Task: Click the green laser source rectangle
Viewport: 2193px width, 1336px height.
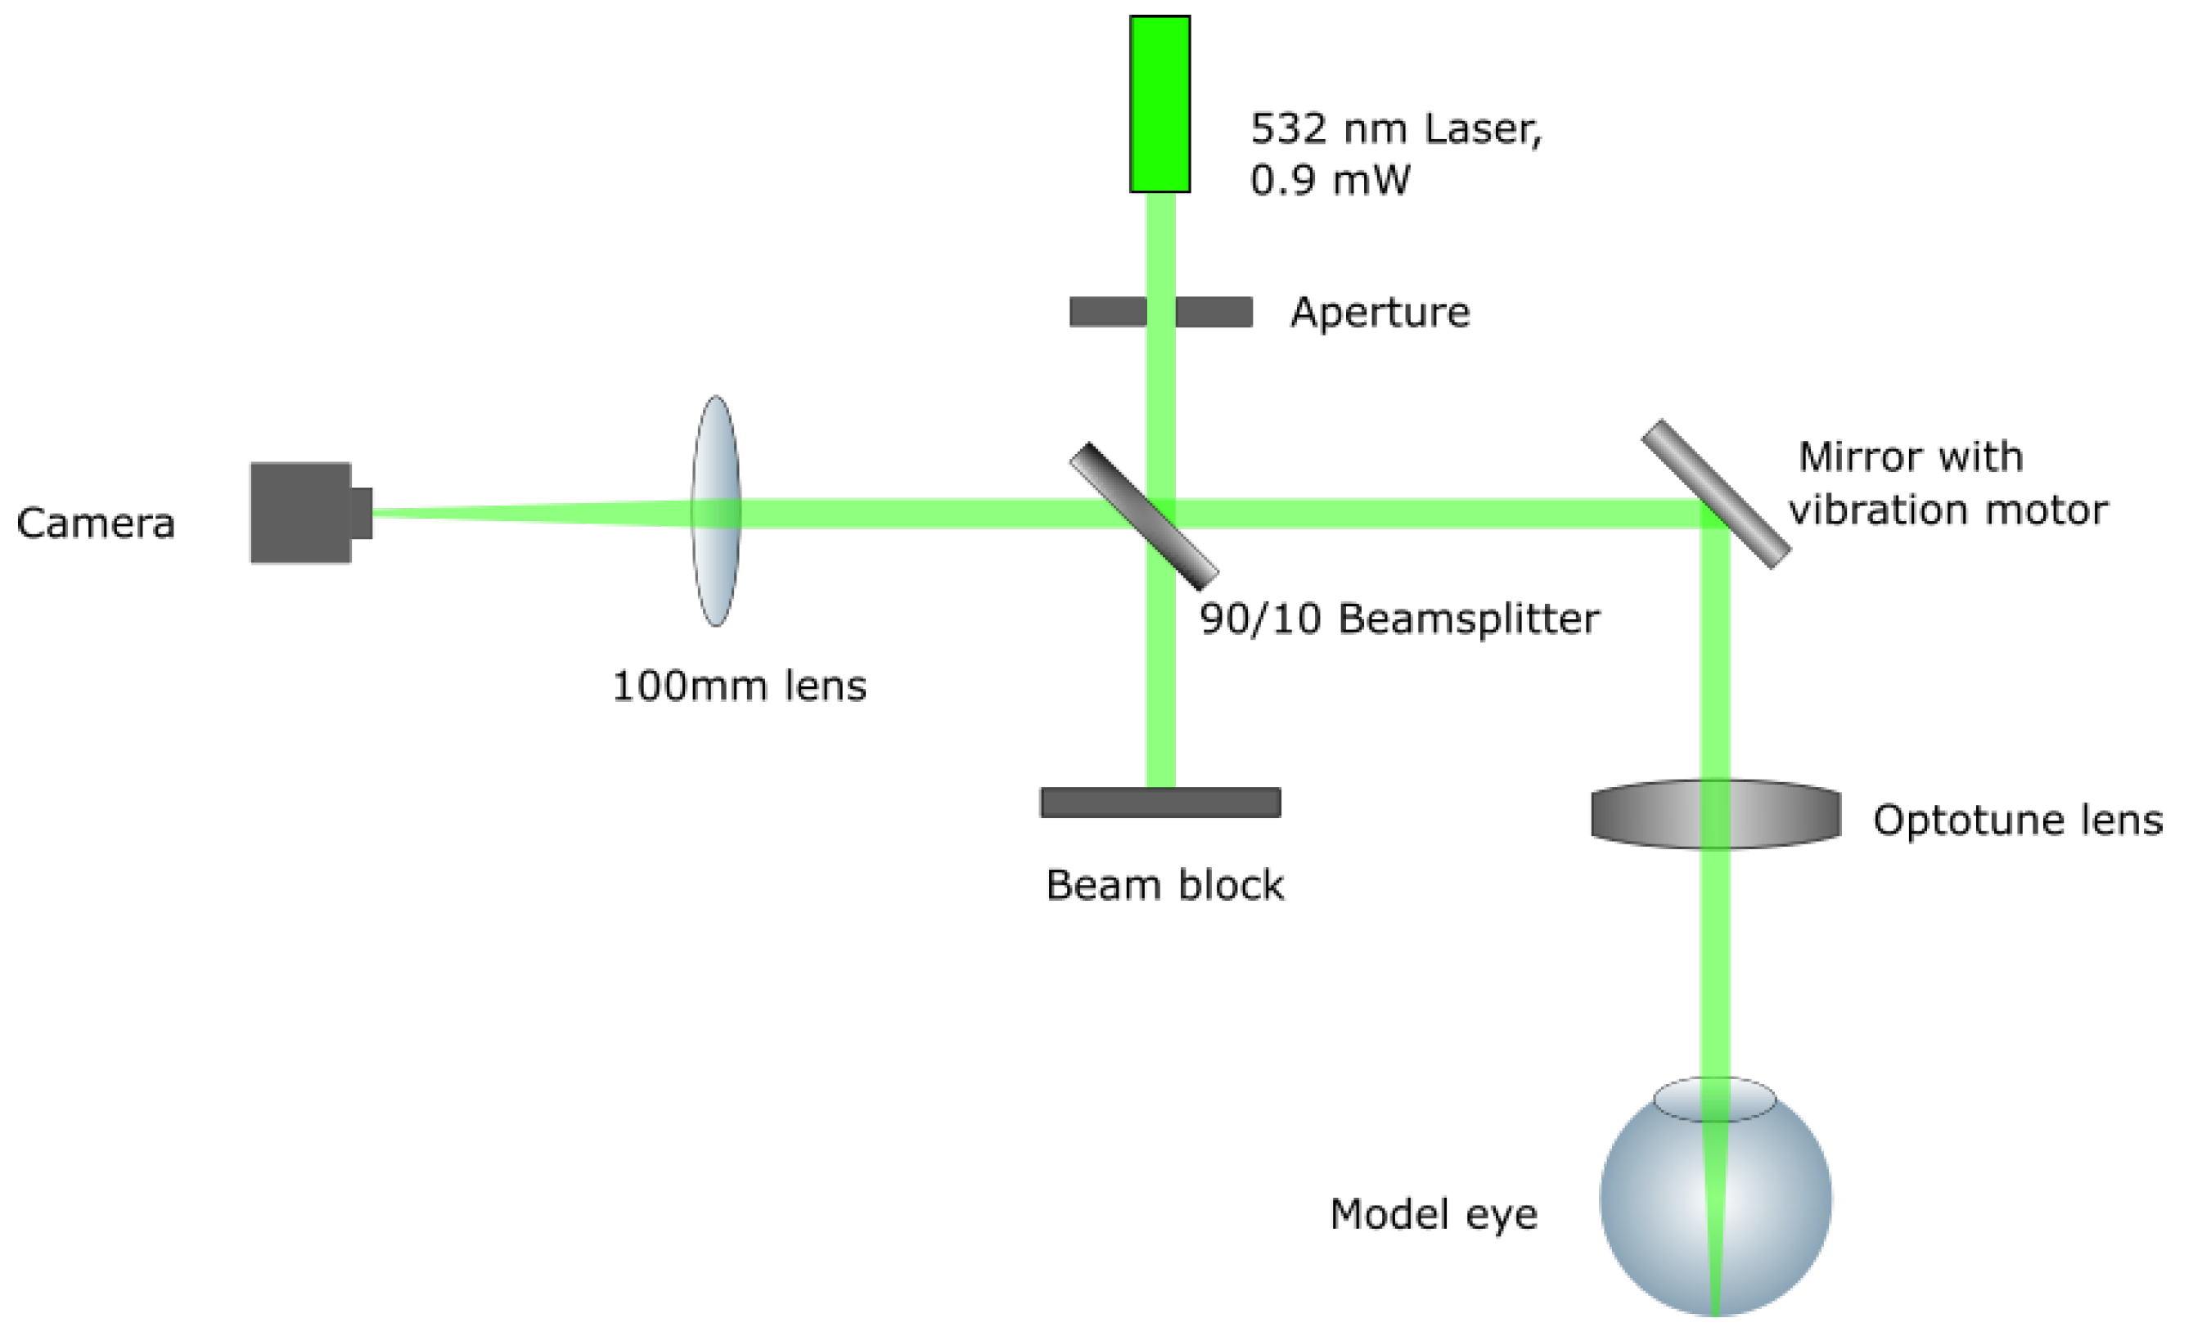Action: (1160, 104)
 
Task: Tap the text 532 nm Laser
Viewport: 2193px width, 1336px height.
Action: (1394, 129)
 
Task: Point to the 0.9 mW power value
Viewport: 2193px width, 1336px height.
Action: (1329, 181)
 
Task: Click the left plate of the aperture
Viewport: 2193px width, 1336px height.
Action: (1107, 313)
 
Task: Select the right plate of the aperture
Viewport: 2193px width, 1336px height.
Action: (1214, 313)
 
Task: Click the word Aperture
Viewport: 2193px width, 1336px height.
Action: (1380, 313)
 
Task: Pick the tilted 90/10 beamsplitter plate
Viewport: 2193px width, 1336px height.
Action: (1144, 517)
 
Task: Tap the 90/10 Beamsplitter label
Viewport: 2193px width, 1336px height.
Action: (1398, 619)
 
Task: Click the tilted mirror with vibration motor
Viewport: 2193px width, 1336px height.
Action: (1715, 495)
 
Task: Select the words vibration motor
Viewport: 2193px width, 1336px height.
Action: (1948, 511)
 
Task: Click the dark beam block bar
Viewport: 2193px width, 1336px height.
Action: (1160, 803)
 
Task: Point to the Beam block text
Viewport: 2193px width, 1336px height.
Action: (1164, 886)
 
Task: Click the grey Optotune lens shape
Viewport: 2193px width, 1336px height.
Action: (1646, 814)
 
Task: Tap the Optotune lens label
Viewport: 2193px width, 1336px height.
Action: (2017, 821)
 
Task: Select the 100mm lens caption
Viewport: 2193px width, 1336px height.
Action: (739, 686)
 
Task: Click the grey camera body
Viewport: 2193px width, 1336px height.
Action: (301, 513)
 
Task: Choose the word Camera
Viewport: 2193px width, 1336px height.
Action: (95, 524)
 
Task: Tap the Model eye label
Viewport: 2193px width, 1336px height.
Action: (1433, 1214)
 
